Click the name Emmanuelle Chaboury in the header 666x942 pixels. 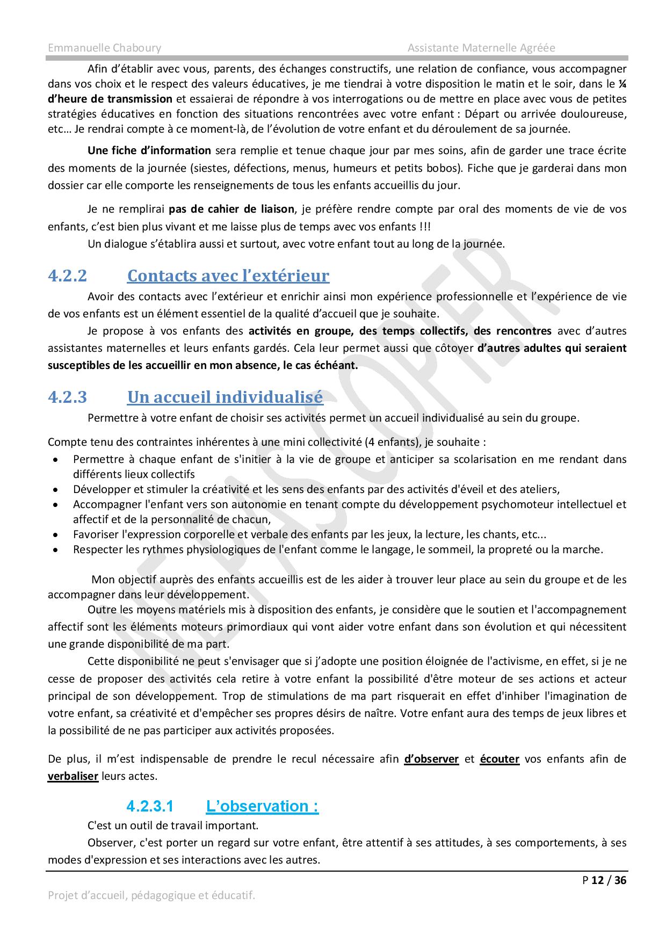coord(104,48)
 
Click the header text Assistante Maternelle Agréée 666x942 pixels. coord(481,48)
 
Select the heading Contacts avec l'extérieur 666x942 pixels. coord(228,276)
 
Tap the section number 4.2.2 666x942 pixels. coord(67,276)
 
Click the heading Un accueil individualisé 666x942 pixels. coord(225,397)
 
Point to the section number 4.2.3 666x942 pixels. coord(67,397)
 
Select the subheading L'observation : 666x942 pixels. coord(262,806)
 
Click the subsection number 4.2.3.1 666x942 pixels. coord(150,806)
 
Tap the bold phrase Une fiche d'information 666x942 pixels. coord(149,150)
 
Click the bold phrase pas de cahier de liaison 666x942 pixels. coord(231,209)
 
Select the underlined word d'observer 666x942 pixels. coord(431,759)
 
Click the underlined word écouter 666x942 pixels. coord(499,759)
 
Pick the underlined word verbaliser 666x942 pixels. coord(73,776)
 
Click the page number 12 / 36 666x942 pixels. coord(609,880)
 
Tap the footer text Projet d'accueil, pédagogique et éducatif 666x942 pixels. coord(151,895)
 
